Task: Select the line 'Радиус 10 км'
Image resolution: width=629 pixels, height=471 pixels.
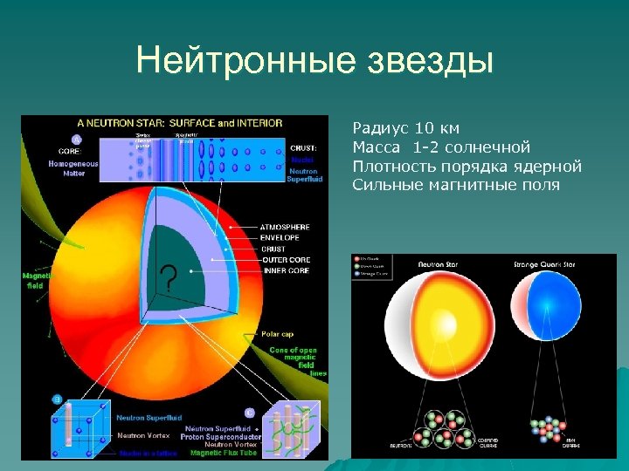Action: [405, 129]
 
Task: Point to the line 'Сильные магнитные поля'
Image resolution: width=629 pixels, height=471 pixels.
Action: [456, 185]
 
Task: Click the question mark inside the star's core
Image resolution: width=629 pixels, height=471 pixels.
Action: [169, 278]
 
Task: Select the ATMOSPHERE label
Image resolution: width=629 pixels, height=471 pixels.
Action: [284, 227]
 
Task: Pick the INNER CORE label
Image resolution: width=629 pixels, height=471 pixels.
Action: [286, 270]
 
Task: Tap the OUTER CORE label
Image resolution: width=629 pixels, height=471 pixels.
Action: [287, 259]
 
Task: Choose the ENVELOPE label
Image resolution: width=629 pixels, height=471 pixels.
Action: [280, 237]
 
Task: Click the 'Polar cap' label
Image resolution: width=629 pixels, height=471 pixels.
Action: [280, 334]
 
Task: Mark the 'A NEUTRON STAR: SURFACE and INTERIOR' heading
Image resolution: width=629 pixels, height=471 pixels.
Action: [179, 123]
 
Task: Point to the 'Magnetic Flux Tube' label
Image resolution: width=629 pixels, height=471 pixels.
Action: [225, 453]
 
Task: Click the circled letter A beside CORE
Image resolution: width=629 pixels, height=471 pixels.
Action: [76, 139]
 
